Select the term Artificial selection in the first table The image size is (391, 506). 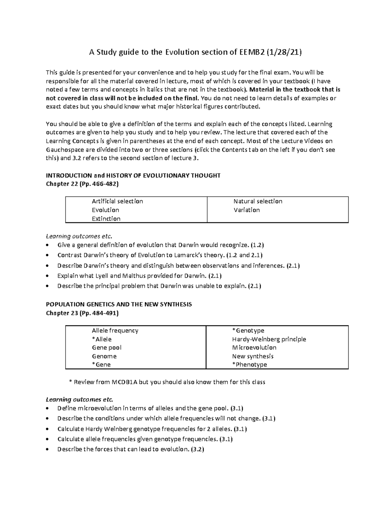[117, 201]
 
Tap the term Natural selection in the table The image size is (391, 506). [258, 201]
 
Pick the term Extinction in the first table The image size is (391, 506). [106, 219]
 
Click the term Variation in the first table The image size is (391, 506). [246, 210]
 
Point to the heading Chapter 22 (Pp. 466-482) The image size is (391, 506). [82, 184]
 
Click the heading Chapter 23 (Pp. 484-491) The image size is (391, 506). [82, 313]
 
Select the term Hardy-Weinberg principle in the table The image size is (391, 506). [269, 339]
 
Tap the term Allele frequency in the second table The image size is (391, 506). [115, 331]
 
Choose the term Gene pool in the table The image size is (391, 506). [107, 348]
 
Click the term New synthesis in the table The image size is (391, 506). [253, 356]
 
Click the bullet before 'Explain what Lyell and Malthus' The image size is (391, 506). [49, 276]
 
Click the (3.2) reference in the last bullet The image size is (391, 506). [197, 449]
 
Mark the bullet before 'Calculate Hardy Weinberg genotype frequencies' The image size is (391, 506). [49, 429]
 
